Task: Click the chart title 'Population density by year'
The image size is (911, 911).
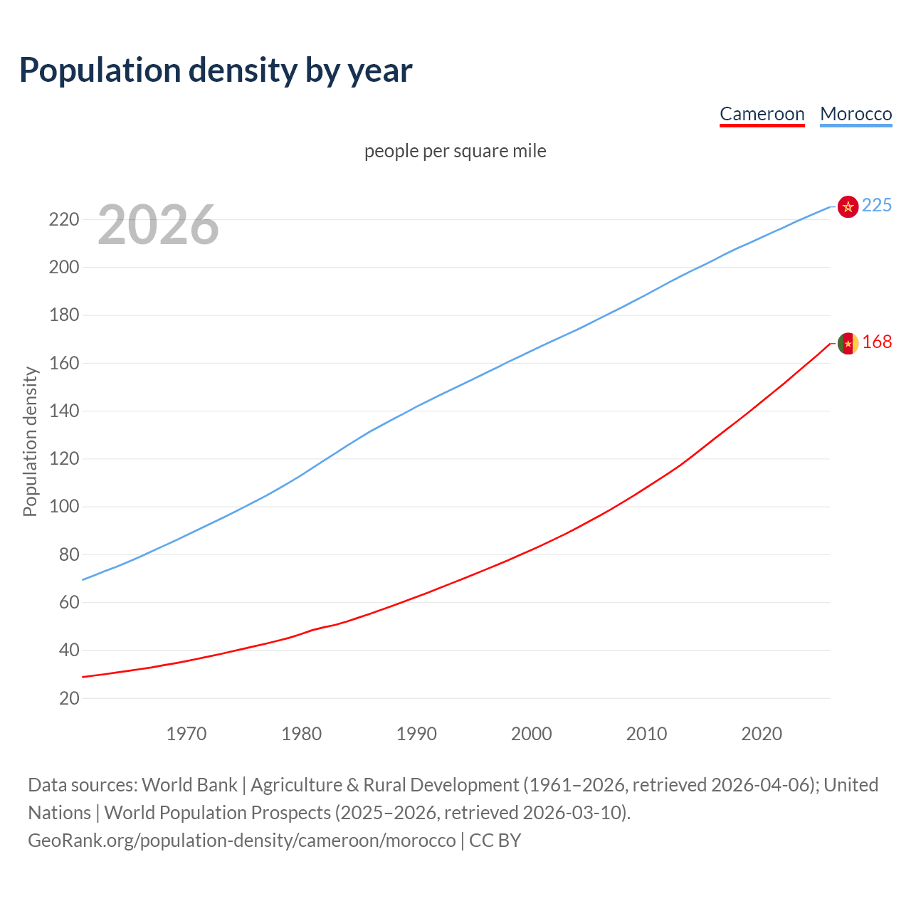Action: click(216, 70)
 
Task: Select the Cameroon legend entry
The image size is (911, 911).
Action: click(762, 114)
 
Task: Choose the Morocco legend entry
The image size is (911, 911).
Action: click(855, 114)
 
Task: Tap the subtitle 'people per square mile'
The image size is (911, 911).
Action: click(455, 151)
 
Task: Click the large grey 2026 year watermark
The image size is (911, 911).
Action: click(158, 225)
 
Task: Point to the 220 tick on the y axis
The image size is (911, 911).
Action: click(64, 219)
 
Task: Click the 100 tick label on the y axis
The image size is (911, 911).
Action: click(64, 507)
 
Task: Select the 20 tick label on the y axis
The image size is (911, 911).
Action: click(69, 698)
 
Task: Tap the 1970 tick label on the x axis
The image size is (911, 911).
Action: click(186, 734)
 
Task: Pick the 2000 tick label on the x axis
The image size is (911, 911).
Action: click(531, 734)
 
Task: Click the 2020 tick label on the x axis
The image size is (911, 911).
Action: click(762, 734)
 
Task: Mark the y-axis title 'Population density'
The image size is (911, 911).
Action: click(30, 441)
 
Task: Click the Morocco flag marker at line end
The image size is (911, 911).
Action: click(848, 206)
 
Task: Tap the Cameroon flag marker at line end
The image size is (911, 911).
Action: click(848, 343)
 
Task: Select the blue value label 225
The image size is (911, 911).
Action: click(877, 206)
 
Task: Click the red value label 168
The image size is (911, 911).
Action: click(877, 342)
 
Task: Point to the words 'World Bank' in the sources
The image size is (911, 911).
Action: click(189, 785)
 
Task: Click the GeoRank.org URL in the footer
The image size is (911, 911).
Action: click(242, 841)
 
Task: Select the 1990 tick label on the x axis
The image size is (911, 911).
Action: click(416, 734)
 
